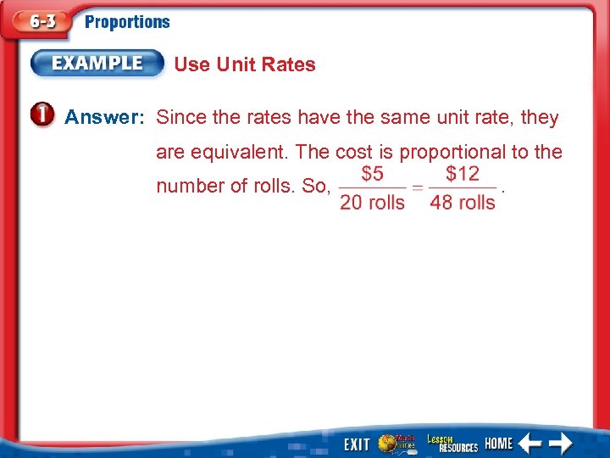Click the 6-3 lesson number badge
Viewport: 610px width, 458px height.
tap(38, 23)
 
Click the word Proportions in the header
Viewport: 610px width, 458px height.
tap(127, 23)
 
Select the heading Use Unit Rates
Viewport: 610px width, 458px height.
tap(244, 64)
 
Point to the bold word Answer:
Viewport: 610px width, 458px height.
tap(105, 117)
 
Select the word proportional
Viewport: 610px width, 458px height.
tap(451, 152)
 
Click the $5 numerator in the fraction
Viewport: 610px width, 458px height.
tap(372, 174)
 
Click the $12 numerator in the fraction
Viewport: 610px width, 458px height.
tap(463, 174)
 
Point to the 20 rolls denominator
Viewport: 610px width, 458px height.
tap(372, 203)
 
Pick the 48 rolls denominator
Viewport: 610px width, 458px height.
tap(463, 203)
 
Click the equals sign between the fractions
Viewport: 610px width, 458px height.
tap(417, 188)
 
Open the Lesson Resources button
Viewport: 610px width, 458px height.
tap(452, 443)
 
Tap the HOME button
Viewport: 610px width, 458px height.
tap(499, 443)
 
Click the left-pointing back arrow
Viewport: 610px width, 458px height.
tap(530, 443)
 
